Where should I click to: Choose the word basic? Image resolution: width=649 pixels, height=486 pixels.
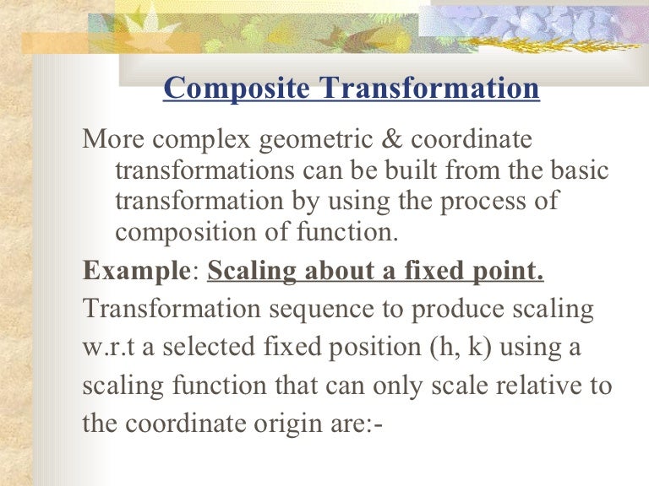point(575,171)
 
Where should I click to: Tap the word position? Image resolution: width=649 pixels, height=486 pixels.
point(375,348)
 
